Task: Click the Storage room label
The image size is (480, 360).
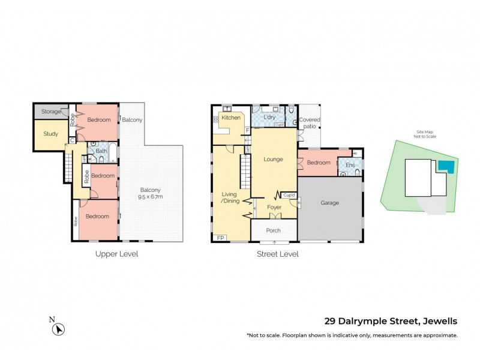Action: coord(51,112)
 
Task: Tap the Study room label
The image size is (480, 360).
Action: coord(51,134)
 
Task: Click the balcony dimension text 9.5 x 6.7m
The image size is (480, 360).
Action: coord(151,197)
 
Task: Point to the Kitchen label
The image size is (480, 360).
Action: coord(231,118)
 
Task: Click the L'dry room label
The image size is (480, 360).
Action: coord(269,117)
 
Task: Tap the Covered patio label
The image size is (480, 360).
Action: coord(310,123)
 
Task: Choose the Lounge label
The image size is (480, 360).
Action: coord(273,160)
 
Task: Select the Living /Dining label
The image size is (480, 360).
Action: coord(230,197)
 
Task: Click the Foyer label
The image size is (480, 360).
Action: coord(274,207)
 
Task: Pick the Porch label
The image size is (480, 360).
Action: coord(273,230)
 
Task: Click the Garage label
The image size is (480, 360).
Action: coord(329,203)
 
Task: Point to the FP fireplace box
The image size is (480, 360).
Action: coord(220,238)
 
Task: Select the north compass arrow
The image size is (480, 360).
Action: coord(58,328)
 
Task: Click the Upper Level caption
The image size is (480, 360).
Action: coord(116,254)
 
